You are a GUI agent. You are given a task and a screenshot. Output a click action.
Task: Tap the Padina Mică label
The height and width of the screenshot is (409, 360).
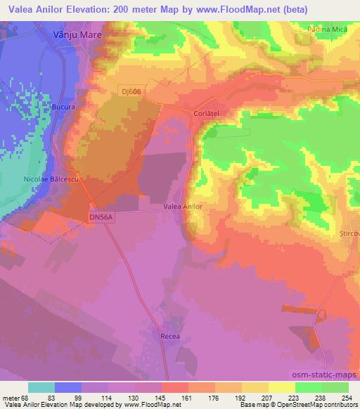click(x=326, y=29)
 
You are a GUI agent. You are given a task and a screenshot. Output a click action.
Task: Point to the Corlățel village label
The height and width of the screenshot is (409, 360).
click(x=208, y=112)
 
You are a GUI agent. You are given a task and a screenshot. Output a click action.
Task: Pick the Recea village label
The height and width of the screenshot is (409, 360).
click(x=172, y=337)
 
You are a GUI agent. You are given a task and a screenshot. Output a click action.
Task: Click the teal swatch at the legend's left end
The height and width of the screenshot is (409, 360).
click(x=41, y=387)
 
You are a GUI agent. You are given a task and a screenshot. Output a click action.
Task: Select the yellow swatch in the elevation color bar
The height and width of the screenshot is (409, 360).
click(x=282, y=387)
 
